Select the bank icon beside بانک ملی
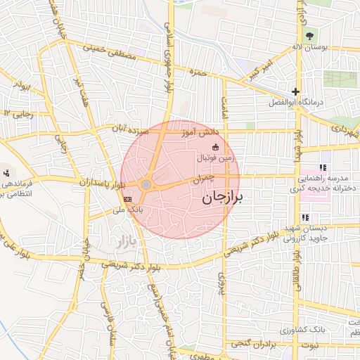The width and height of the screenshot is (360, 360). click(127, 199)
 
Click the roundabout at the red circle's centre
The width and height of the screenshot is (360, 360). click(146, 184)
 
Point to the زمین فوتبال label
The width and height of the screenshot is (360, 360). click(214, 157)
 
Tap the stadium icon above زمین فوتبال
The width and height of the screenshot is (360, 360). click(215, 147)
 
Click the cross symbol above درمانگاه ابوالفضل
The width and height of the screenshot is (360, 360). click(296, 91)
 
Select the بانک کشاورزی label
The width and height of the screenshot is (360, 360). click(300, 330)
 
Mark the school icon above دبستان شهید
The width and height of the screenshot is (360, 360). click(305, 217)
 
